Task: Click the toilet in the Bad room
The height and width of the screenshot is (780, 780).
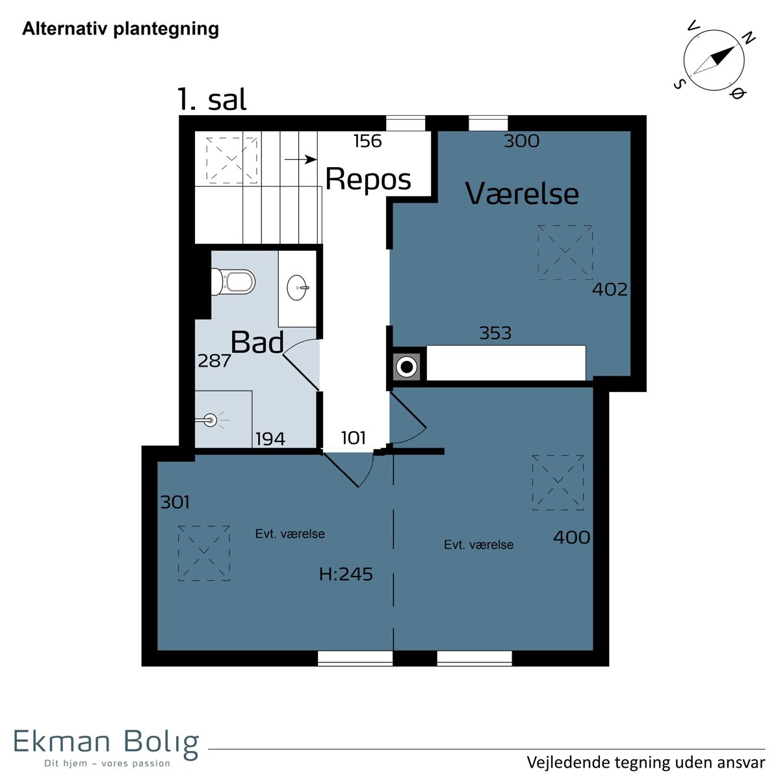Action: [x=233, y=281]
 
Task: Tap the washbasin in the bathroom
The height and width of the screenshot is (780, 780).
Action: [x=298, y=288]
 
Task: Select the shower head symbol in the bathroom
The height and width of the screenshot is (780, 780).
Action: [x=211, y=420]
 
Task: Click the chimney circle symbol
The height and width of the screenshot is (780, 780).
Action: [x=406, y=367]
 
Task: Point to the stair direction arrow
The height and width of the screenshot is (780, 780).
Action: [x=301, y=159]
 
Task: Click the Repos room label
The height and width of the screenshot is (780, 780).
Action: [x=368, y=179]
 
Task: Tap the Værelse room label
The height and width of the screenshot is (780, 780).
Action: [x=522, y=194]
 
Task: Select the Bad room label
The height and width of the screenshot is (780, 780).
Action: [x=257, y=342]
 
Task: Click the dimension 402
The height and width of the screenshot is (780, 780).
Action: [x=610, y=289]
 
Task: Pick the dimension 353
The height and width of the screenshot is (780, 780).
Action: [x=495, y=333]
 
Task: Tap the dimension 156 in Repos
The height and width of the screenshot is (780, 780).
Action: [x=367, y=141]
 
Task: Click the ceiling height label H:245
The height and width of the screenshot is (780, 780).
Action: [x=346, y=574]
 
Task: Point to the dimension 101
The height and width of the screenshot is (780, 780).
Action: [x=354, y=437]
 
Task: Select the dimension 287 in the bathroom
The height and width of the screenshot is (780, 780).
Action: [x=214, y=360]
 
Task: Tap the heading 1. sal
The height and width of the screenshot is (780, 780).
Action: [x=212, y=99]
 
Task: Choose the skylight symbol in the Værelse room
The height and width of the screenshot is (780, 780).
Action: [x=565, y=253]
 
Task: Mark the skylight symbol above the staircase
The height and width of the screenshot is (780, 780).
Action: [x=231, y=161]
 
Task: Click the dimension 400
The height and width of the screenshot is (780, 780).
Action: [x=571, y=538]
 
